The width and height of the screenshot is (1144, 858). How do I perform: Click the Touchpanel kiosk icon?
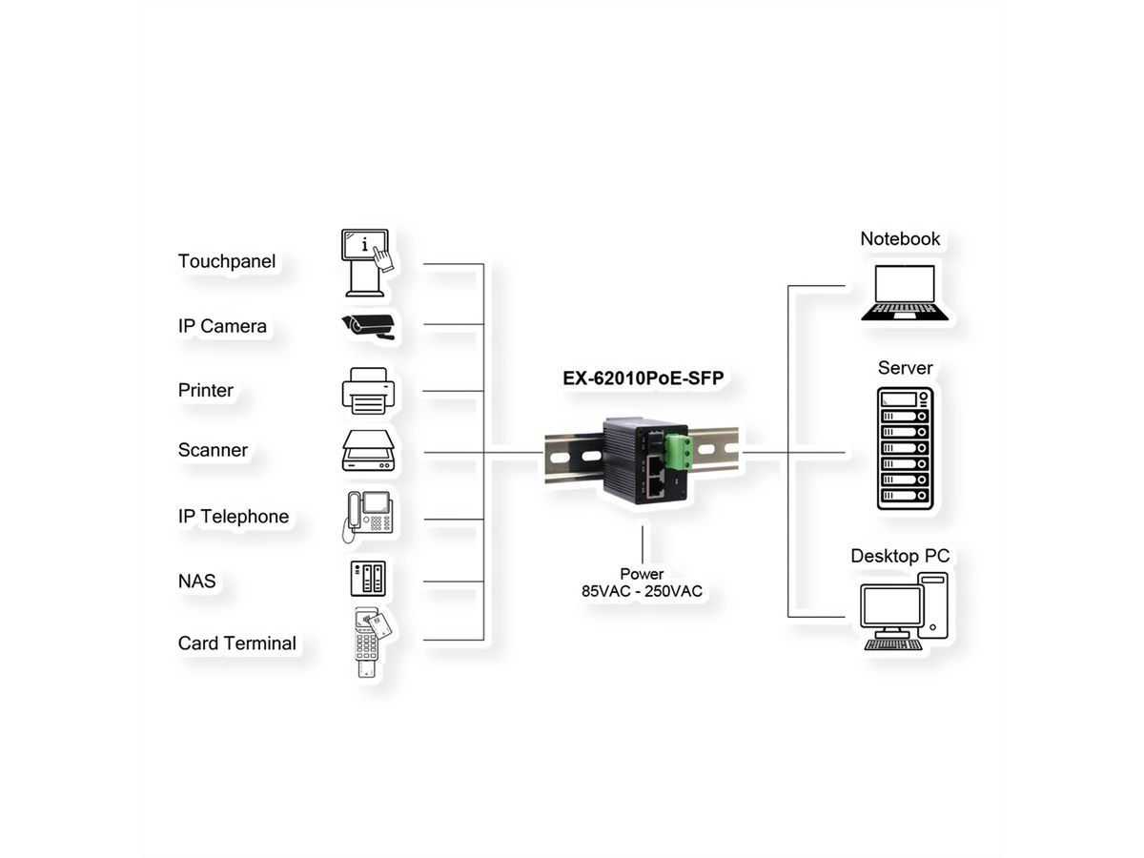367,261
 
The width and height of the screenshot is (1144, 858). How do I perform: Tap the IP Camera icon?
369,325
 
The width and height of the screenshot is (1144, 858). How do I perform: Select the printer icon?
368,391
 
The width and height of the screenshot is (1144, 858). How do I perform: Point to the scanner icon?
368,451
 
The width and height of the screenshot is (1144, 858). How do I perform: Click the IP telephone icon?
368,516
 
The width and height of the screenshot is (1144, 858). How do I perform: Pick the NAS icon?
368,580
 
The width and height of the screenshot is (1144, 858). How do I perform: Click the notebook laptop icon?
905,293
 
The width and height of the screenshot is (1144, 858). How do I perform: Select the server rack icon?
905,447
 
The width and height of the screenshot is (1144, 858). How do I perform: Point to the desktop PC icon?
905,611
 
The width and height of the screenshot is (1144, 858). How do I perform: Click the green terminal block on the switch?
679,451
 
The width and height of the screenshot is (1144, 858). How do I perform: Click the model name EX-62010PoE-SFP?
643,378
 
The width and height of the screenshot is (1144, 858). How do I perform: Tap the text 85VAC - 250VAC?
642,591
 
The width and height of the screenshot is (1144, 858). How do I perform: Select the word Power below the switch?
642,574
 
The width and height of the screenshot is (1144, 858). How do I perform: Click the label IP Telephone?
233,517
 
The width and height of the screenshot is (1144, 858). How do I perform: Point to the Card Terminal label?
236,643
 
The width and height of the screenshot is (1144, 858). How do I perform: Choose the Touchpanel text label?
226,261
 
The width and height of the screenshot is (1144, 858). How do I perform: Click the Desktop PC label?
900,556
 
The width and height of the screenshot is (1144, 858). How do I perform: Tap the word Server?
905,368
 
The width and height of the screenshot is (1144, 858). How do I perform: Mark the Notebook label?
900,238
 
